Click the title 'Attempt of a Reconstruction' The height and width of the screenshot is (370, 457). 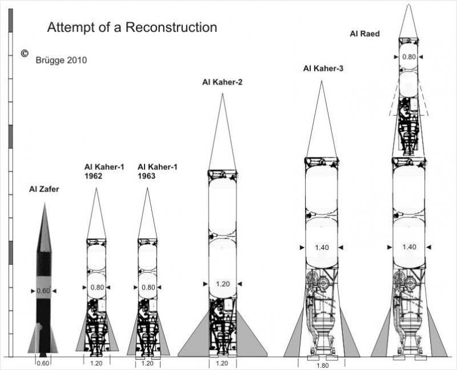pos(131,27)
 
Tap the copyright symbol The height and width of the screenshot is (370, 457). pos(25,53)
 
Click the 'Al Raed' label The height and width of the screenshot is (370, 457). pos(364,34)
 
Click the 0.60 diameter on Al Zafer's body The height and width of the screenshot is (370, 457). pos(43,291)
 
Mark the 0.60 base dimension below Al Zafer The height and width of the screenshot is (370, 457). pos(43,363)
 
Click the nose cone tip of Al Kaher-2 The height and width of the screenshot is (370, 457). pos(223,94)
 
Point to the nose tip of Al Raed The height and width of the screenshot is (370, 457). pos(408,5)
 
